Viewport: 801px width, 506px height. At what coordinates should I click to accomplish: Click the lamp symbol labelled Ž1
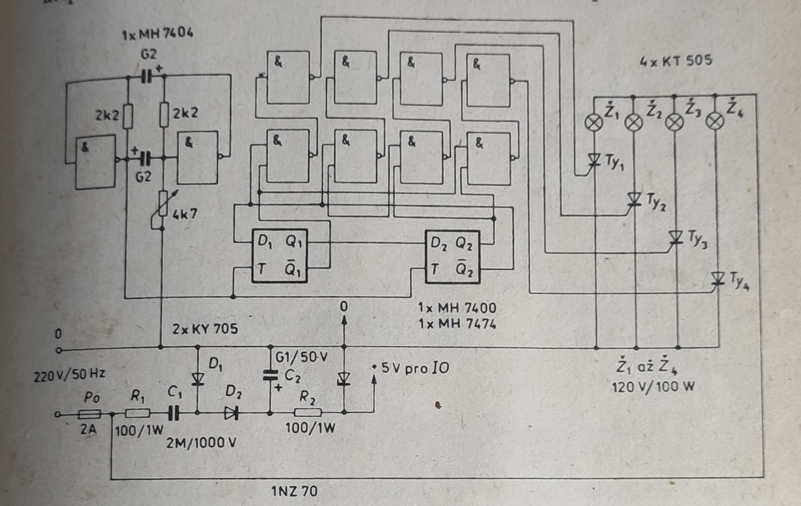(x=594, y=123)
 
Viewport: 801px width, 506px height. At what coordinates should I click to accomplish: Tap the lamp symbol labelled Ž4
(x=715, y=121)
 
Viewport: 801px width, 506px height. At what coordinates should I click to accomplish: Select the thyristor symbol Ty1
(x=594, y=159)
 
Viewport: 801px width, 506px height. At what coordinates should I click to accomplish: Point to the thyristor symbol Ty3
(x=675, y=237)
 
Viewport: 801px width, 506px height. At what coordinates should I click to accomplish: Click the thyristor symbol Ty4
(x=718, y=278)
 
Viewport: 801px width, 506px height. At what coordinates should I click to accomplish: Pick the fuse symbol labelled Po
(x=89, y=414)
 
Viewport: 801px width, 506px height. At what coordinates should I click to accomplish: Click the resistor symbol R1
(x=138, y=414)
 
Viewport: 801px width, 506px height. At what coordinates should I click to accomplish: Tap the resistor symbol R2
(x=307, y=412)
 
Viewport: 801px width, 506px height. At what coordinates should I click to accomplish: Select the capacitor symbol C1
(x=174, y=414)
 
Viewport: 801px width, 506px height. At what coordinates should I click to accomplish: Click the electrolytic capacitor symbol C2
(x=271, y=375)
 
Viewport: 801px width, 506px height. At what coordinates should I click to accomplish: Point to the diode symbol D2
(x=231, y=413)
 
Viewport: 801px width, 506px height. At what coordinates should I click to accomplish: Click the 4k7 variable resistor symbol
(x=163, y=203)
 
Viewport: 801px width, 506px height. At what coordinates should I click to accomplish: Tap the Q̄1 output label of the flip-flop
(x=293, y=270)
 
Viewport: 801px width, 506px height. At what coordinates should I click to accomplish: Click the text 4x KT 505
(x=676, y=61)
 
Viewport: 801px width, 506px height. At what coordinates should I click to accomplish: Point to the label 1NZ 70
(x=295, y=491)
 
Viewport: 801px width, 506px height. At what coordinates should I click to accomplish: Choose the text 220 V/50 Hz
(x=70, y=375)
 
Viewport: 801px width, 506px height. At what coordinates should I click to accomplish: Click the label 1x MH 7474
(x=457, y=324)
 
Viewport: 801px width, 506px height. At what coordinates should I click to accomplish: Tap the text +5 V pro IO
(x=410, y=368)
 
